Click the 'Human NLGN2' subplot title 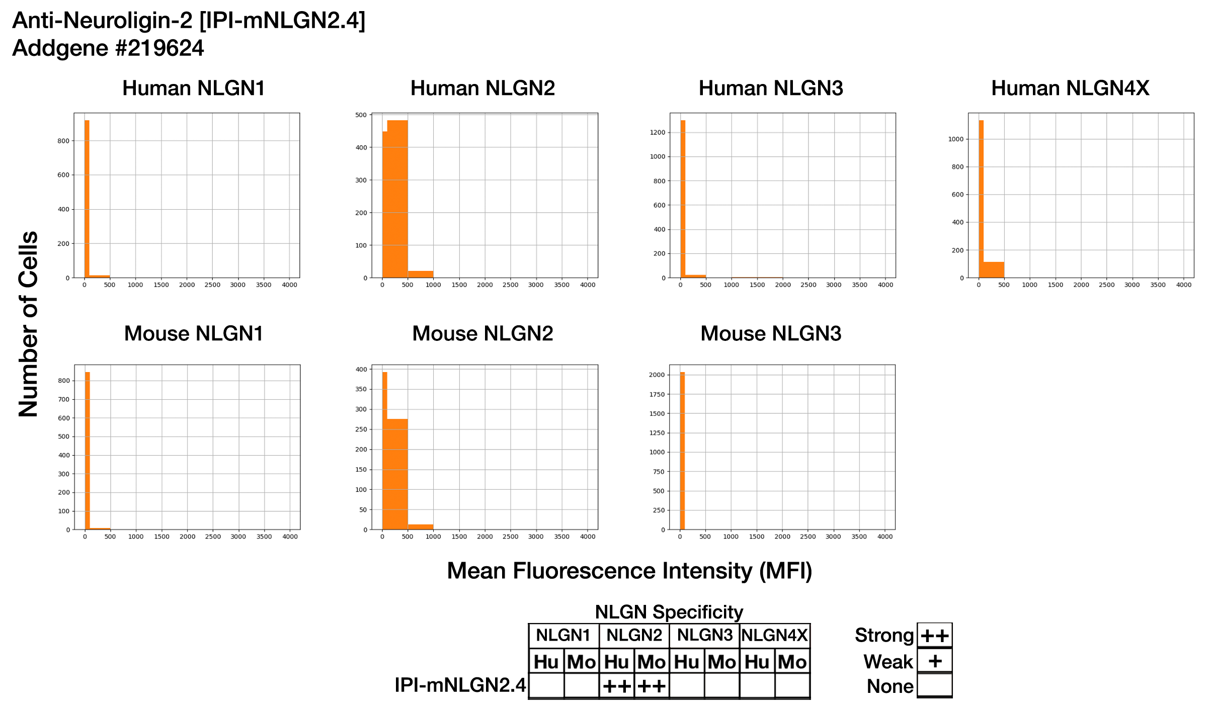click(x=482, y=88)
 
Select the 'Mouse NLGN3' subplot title click(x=771, y=334)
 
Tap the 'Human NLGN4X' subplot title click(x=1070, y=88)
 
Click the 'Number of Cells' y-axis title click(x=29, y=324)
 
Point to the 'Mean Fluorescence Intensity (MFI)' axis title click(x=629, y=571)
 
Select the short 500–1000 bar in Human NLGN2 click(x=421, y=274)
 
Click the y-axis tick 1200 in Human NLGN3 click(x=658, y=133)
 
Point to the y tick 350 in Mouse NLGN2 click(x=361, y=389)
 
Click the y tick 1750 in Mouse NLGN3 click(x=657, y=395)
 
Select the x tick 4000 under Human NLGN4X click(x=1183, y=285)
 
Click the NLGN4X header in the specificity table click(x=774, y=636)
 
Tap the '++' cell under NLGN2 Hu click(x=616, y=686)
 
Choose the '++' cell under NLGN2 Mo click(x=652, y=686)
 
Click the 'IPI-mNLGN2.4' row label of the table click(x=460, y=685)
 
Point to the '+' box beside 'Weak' click(x=935, y=661)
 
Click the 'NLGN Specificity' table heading click(x=669, y=612)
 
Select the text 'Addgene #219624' click(x=108, y=48)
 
